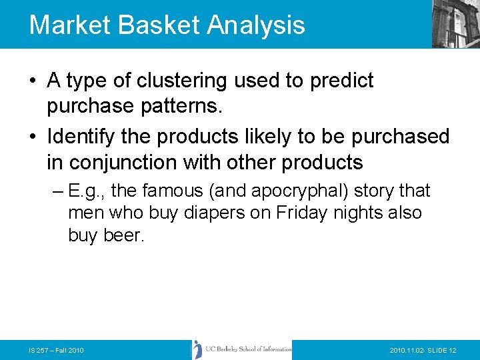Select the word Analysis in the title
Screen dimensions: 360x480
point(256,25)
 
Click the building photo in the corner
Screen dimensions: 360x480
point(455,23)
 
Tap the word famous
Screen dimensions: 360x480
point(172,191)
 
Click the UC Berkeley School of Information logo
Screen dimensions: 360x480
point(242,349)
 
